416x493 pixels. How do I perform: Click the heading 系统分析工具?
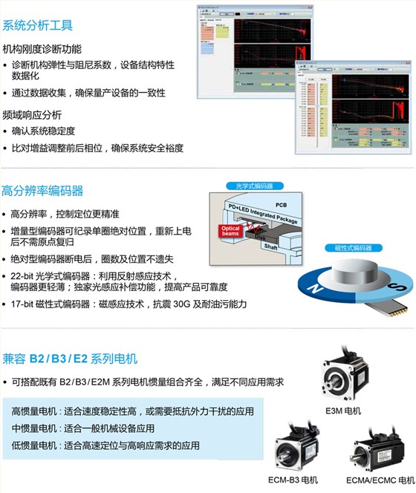tap(38, 26)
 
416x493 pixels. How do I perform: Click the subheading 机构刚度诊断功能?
tap(42, 50)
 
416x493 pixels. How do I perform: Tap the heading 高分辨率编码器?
tap(42, 191)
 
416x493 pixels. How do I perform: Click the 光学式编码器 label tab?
tap(256, 186)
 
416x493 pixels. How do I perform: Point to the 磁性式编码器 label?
tap(349, 248)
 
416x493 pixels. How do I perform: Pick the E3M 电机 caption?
tap(343, 411)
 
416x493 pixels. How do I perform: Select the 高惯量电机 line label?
tap(35, 411)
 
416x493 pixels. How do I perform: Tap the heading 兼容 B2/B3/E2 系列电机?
tap(70, 359)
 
